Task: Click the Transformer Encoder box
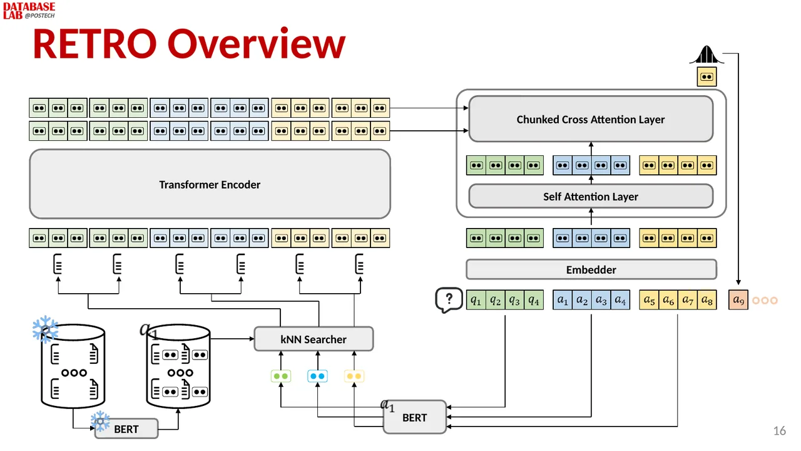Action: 210,184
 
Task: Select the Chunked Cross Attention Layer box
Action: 591,119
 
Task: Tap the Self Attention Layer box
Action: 591,196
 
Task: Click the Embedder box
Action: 591,269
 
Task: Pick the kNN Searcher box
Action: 314,339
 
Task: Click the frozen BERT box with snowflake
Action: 126,428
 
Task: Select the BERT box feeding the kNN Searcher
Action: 414,417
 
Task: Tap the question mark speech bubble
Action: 449,300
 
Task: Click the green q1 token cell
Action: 476,300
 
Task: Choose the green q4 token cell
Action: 534,300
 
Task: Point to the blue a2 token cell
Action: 582,300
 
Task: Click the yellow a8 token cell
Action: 707,300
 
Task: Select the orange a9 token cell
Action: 738,300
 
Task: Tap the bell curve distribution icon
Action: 707,55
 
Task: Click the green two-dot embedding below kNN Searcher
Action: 281,376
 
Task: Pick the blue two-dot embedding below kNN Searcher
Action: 317,376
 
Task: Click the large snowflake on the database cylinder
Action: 45,329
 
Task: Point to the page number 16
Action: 780,430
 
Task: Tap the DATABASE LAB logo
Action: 29,11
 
